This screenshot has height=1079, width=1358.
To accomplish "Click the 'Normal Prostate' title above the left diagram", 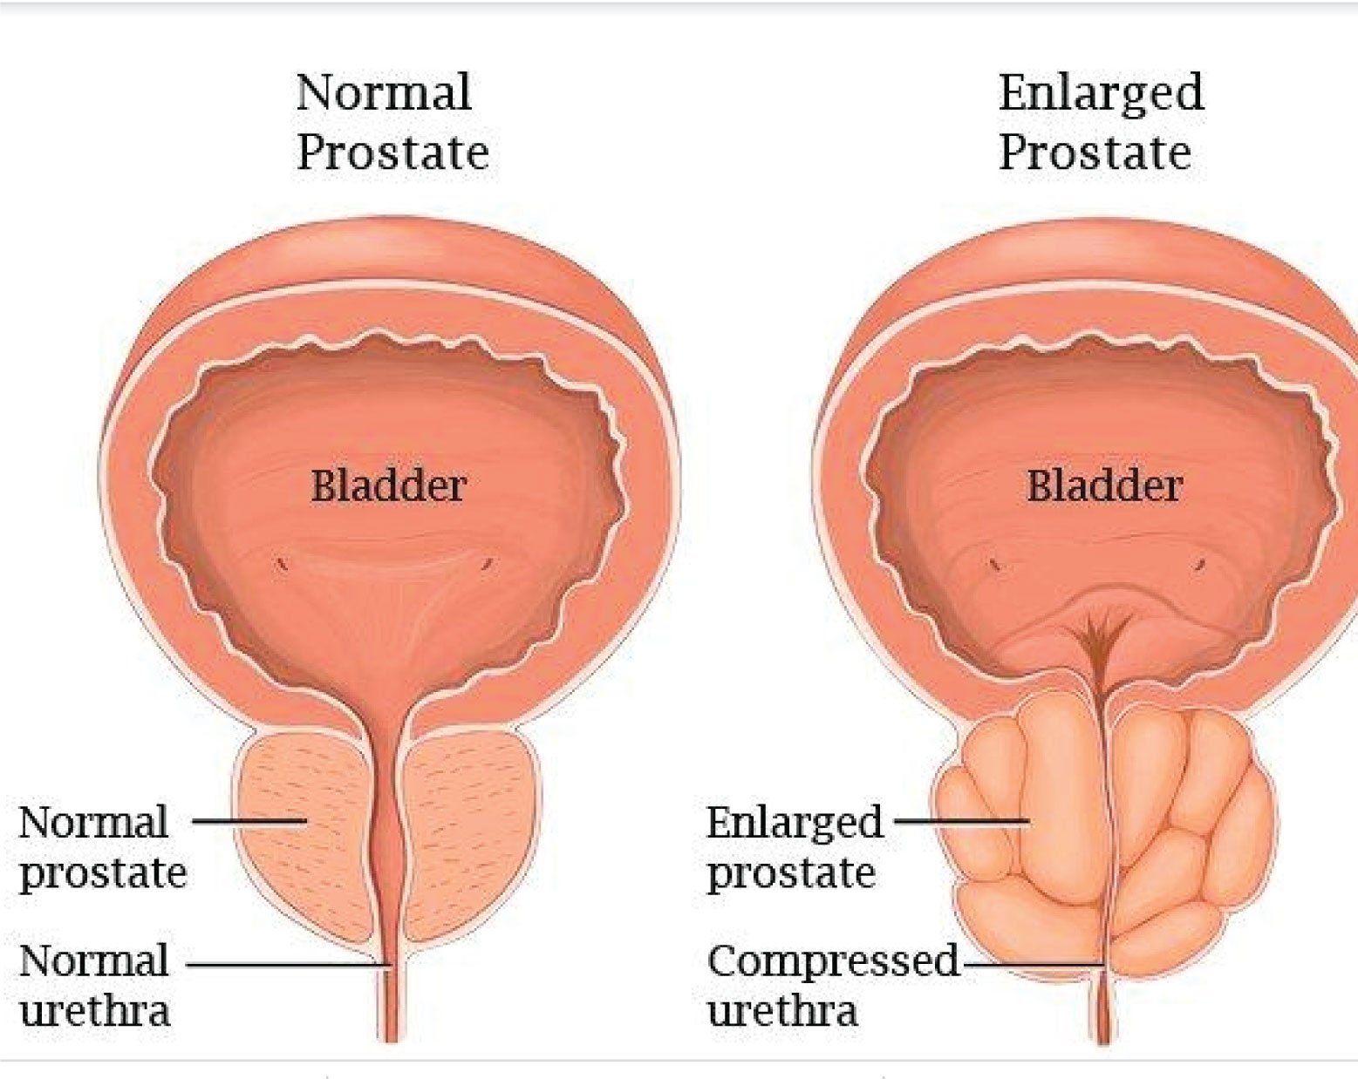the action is coord(392,122).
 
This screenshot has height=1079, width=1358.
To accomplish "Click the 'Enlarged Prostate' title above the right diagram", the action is coord(1101,122).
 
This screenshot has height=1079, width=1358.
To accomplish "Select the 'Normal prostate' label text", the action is coord(103,847).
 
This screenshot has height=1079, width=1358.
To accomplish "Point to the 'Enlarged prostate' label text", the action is coord(795,847).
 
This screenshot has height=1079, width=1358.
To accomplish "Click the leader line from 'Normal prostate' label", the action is coord(249,820).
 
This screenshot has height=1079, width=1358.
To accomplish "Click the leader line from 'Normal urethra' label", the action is coord(289,965).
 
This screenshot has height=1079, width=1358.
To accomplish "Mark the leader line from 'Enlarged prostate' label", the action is coord(962,820).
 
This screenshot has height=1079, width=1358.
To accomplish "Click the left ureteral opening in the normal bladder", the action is coord(282,562).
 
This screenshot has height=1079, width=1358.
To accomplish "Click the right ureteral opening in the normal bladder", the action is coord(487,562).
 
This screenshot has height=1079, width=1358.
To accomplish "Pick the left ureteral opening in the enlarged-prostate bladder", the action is coord(995,564).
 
